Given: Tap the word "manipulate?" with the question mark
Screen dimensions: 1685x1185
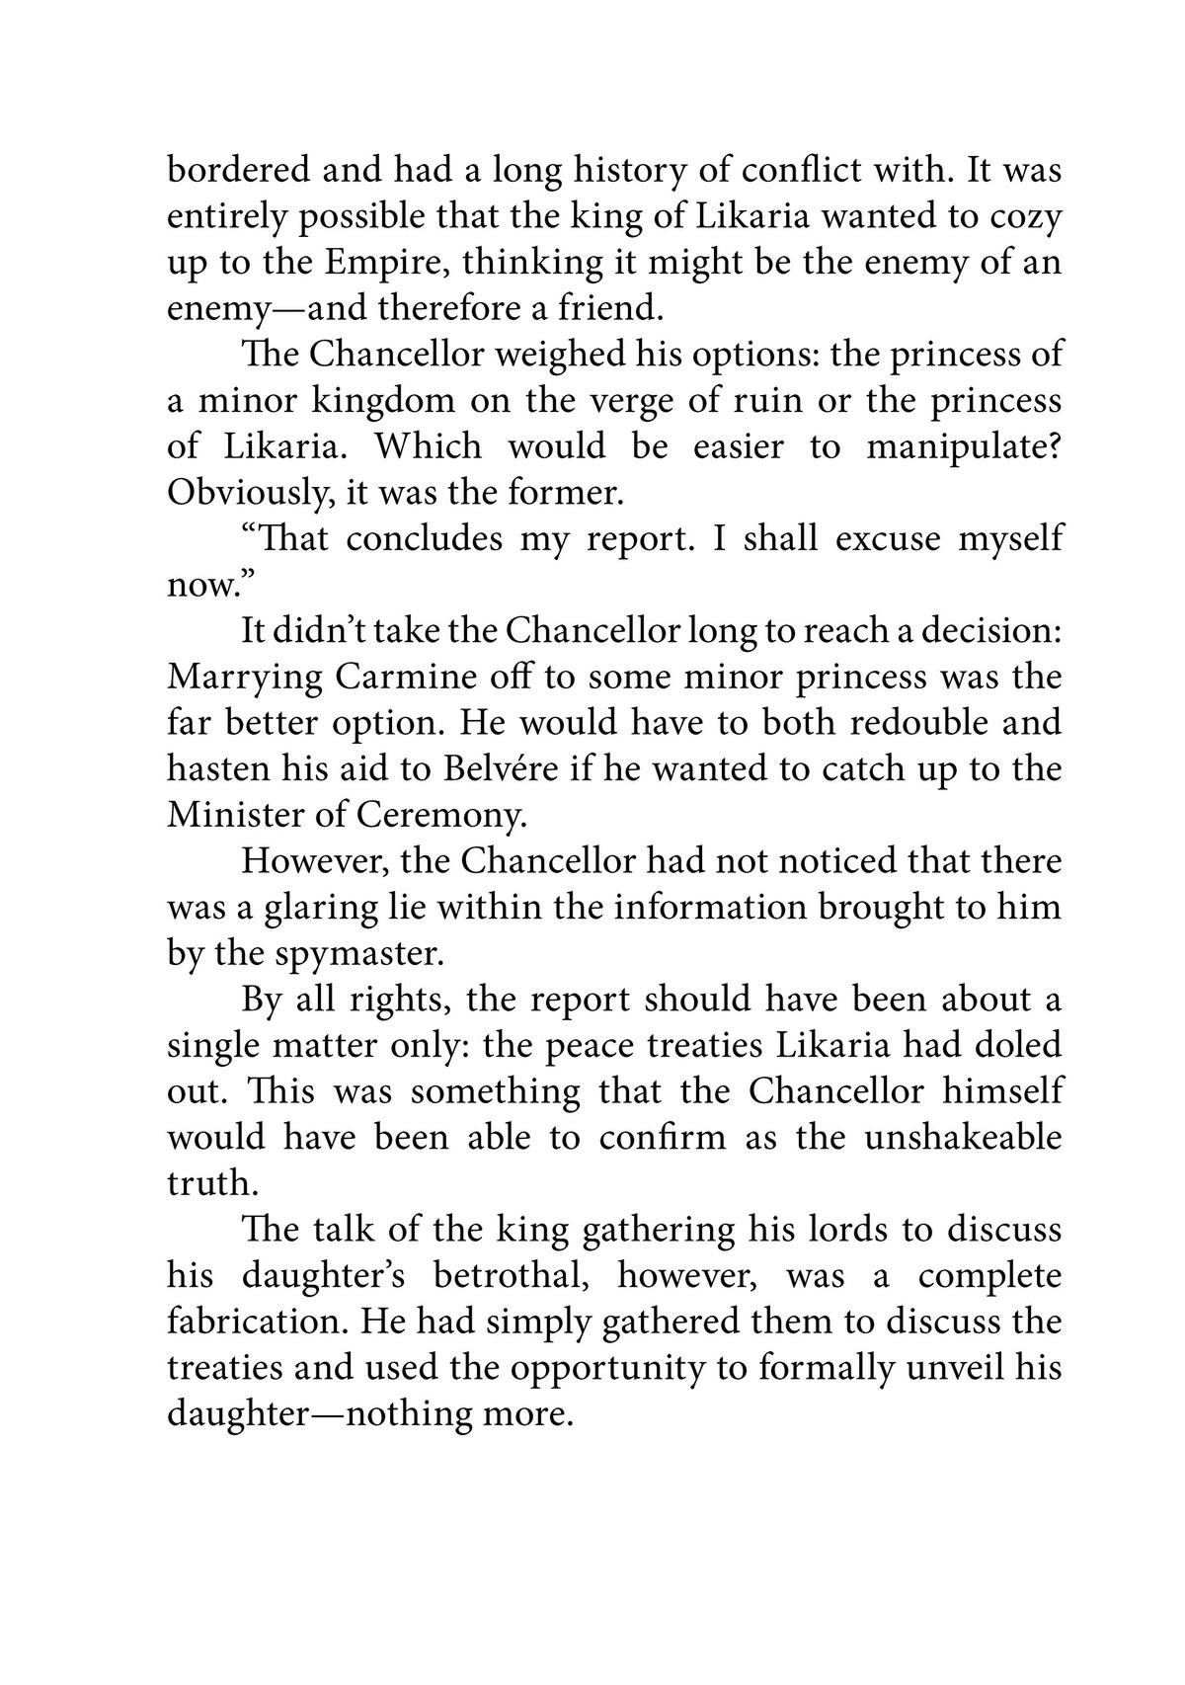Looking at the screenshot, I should pos(964,447).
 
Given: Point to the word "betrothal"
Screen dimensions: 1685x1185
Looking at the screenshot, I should pos(513,1276).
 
